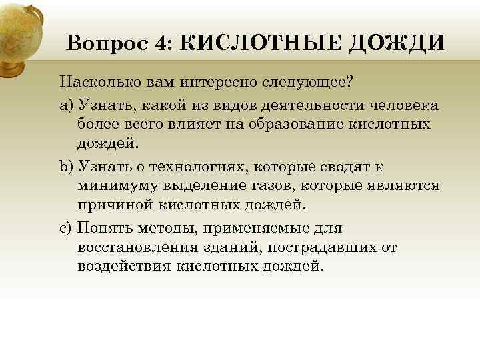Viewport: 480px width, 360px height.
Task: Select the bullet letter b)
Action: pos(67,167)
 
